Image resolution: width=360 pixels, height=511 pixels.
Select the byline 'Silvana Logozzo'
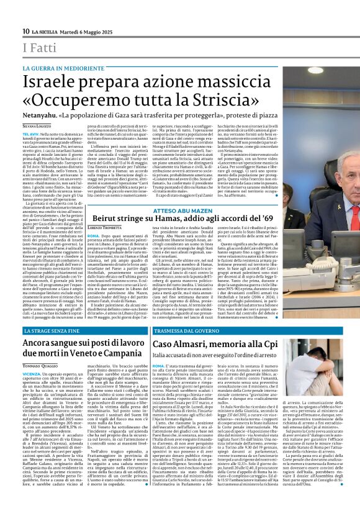[38, 126]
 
